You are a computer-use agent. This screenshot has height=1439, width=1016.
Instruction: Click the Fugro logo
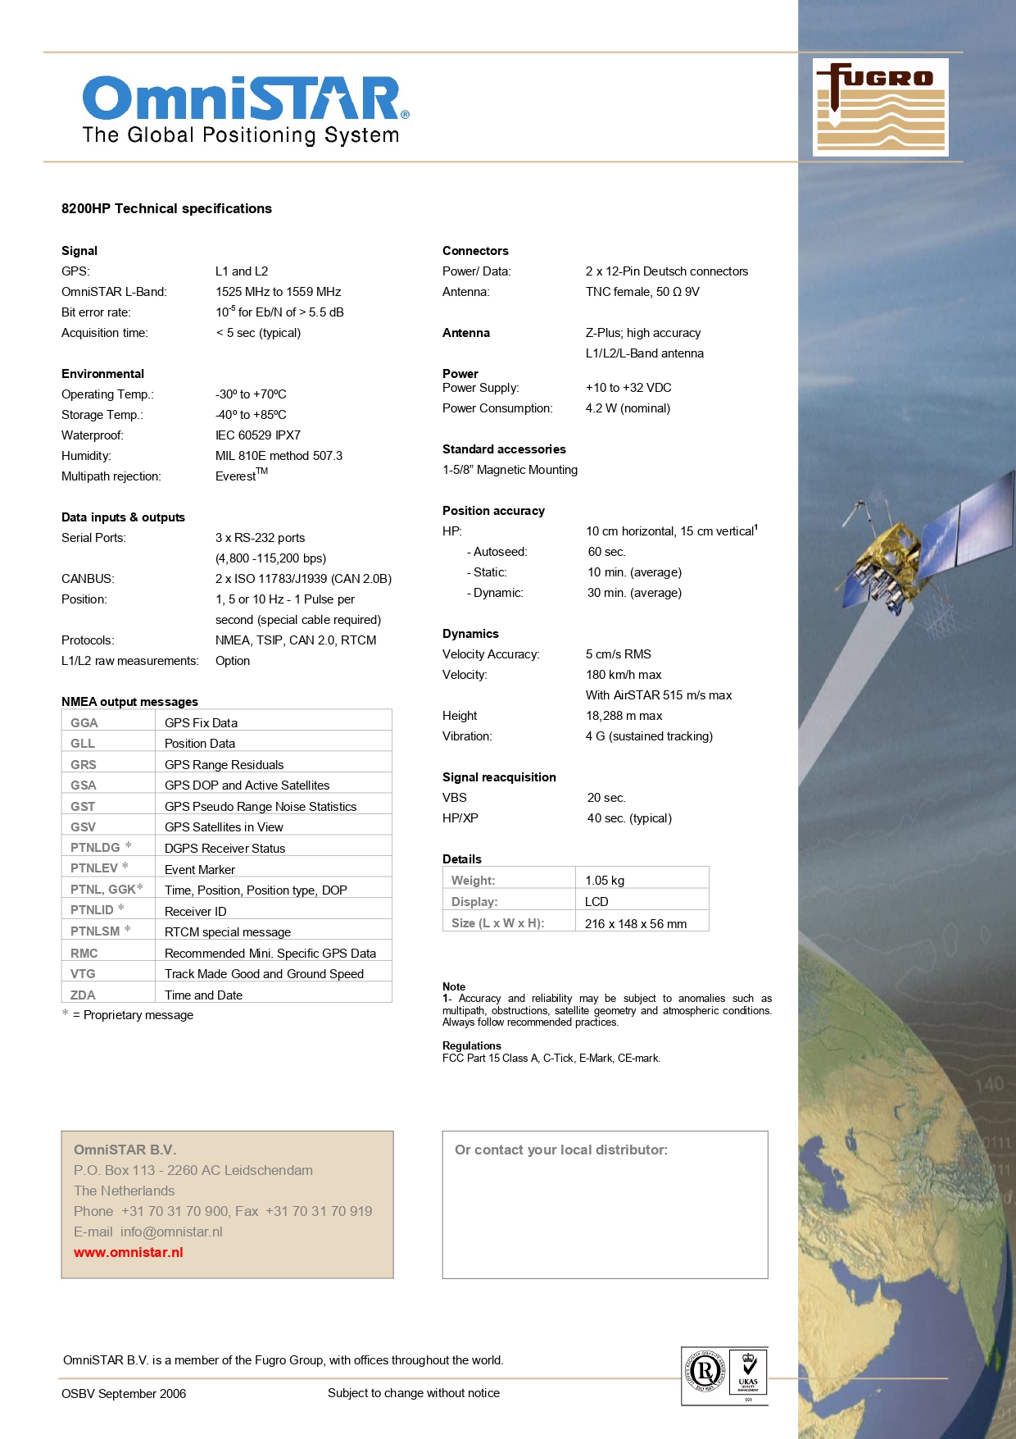(880, 107)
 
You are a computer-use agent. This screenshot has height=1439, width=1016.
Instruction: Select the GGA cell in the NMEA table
(84, 722)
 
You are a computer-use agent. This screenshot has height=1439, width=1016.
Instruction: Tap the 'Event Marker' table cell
(200, 869)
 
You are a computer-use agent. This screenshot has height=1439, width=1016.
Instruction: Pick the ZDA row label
(83, 995)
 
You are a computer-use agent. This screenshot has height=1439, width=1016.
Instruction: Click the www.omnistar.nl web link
(129, 1252)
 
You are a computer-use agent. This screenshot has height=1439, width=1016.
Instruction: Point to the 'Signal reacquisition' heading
(499, 777)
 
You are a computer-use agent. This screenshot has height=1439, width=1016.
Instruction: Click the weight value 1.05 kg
(605, 880)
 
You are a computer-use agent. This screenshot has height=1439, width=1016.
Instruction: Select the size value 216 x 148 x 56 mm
(636, 923)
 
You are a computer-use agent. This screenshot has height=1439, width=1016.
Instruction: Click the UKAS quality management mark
(748, 1374)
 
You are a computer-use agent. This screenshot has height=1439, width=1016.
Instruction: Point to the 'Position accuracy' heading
(493, 511)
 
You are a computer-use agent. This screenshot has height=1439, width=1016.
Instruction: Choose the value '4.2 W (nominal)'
(628, 408)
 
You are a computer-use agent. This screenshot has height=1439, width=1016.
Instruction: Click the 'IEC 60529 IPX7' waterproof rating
(258, 435)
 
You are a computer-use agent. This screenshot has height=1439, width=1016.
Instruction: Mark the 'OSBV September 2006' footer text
(124, 1393)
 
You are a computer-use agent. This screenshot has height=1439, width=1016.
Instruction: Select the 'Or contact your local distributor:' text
(561, 1150)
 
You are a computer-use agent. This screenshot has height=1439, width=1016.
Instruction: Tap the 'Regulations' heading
(472, 1045)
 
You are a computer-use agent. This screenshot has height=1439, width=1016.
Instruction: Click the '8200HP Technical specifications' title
(166, 208)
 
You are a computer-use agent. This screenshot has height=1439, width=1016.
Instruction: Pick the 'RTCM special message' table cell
(228, 931)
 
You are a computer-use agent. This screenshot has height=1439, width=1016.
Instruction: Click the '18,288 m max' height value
(624, 716)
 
